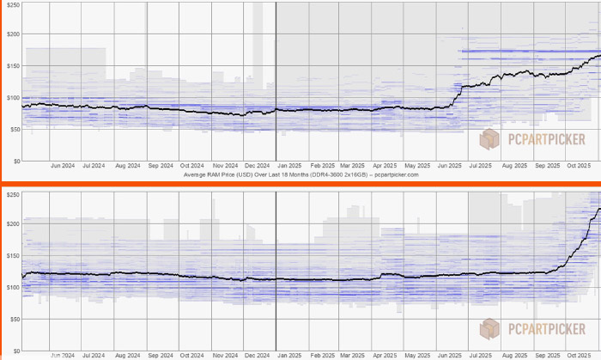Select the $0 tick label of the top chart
point(15,161)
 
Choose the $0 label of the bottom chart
point(15,350)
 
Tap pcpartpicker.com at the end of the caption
point(394,174)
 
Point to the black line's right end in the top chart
point(599,56)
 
